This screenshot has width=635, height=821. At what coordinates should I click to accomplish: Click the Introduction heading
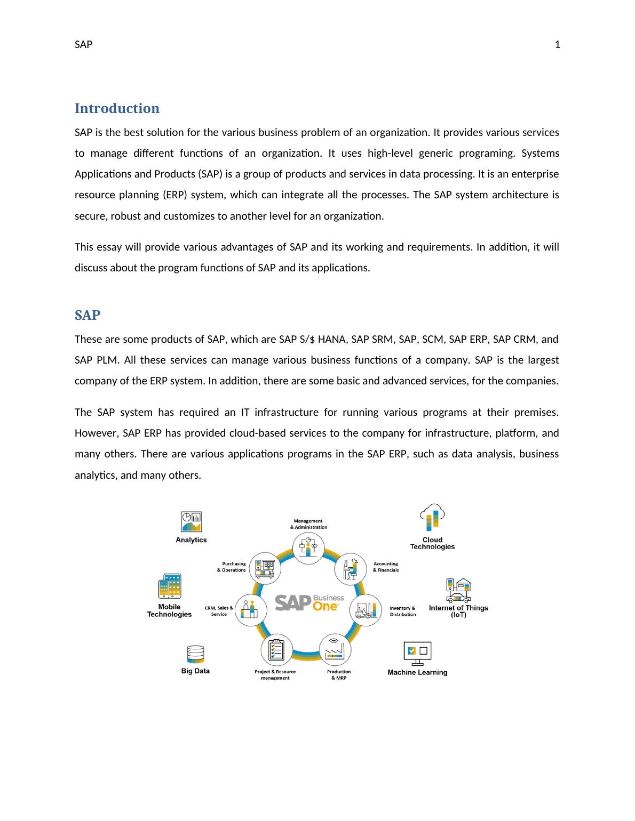(x=117, y=108)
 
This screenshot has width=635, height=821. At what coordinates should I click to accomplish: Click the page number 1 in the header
(x=557, y=45)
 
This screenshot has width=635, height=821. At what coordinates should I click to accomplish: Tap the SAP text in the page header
(x=83, y=45)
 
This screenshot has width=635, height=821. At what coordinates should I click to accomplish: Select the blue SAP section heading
(x=88, y=315)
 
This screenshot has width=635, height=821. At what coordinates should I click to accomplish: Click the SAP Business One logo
(x=309, y=603)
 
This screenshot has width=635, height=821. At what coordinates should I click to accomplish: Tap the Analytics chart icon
(x=191, y=522)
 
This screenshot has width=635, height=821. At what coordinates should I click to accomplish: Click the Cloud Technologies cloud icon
(x=432, y=517)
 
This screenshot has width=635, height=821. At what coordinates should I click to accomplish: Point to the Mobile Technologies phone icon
(x=170, y=586)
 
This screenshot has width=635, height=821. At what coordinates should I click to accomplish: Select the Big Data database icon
(x=195, y=655)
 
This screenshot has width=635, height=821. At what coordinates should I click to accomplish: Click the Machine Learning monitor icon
(x=417, y=653)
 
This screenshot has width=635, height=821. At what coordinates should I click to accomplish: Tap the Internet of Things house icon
(x=458, y=590)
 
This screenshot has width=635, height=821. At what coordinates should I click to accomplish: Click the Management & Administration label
(x=308, y=524)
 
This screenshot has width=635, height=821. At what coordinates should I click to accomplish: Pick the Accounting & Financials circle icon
(x=351, y=569)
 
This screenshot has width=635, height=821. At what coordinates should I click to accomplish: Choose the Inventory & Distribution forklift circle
(x=366, y=610)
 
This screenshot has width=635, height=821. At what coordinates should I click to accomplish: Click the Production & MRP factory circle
(x=335, y=649)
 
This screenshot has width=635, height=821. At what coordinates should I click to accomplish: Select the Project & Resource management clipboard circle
(x=276, y=650)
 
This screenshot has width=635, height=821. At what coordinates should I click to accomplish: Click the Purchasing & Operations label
(x=231, y=567)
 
